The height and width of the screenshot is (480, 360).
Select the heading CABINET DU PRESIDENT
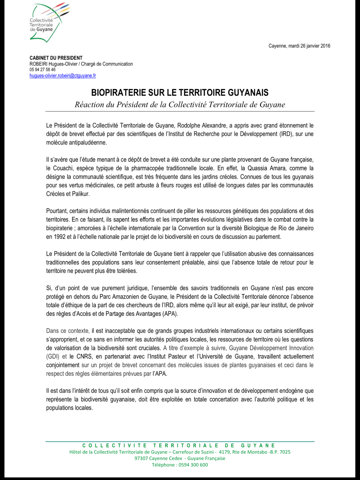pos(56,58)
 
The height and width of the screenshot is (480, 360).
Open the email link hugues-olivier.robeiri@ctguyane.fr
pos(63,76)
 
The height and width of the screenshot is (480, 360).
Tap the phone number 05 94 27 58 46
pos(42,70)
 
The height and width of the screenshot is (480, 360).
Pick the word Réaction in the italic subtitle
pos(88,105)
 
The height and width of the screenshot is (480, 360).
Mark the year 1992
pos(60,237)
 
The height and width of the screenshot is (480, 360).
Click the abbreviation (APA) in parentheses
pos(170,314)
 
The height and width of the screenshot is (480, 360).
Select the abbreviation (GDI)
pos(53,357)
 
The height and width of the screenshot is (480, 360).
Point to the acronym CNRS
pos(85,357)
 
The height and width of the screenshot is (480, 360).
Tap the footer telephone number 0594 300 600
pos(193,465)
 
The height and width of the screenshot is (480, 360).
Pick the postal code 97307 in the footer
pos(141,458)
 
